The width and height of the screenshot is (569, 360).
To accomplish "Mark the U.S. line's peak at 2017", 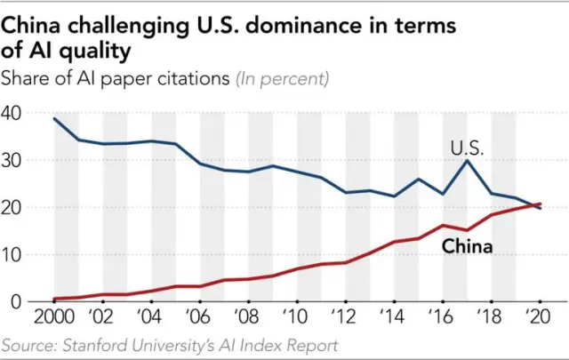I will [x=468, y=161].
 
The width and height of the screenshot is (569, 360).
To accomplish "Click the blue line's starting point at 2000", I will [x=55, y=119].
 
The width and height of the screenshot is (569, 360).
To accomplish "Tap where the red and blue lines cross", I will [x=536, y=205].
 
